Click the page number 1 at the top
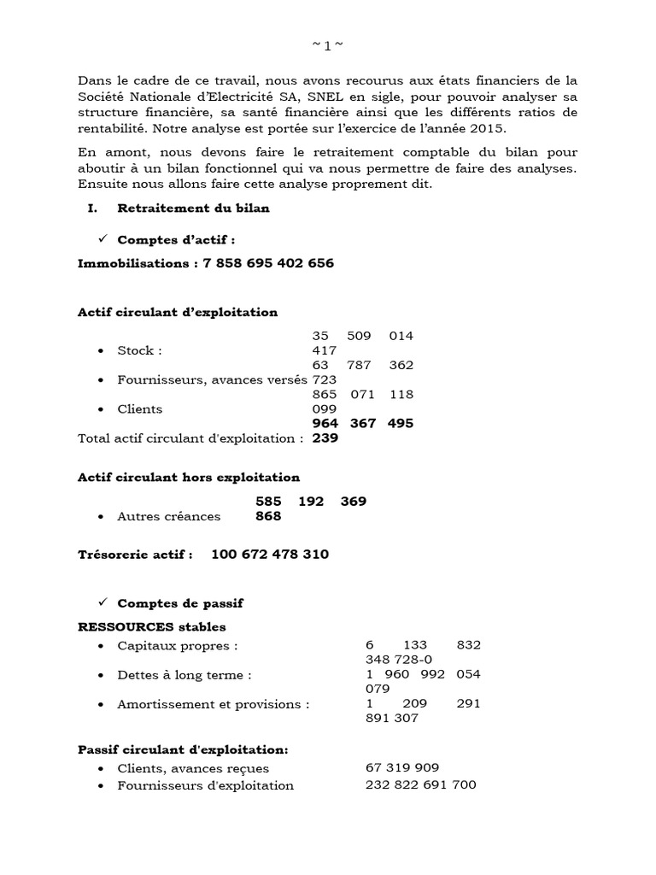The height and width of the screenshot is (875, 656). click(327, 46)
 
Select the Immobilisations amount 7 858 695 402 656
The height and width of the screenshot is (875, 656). click(268, 263)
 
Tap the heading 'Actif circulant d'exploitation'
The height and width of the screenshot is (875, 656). click(178, 312)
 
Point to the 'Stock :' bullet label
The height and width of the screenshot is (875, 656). click(140, 350)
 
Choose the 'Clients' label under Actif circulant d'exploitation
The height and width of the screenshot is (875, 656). click(140, 409)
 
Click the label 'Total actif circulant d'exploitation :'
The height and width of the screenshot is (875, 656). click(190, 438)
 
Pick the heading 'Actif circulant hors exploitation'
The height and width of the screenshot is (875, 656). click(189, 477)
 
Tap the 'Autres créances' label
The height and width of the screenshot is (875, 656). click(168, 516)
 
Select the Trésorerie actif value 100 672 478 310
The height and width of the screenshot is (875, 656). click(269, 555)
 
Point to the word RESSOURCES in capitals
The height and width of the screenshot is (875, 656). click(126, 626)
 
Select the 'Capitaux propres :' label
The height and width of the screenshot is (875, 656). click(178, 645)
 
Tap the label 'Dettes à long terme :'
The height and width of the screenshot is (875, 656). click(184, 675)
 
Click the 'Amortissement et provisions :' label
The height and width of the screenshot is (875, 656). click(213, 704)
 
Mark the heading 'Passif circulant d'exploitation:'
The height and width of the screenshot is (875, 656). click(183, 749)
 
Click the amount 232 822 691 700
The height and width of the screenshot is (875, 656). click(420, 785)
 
